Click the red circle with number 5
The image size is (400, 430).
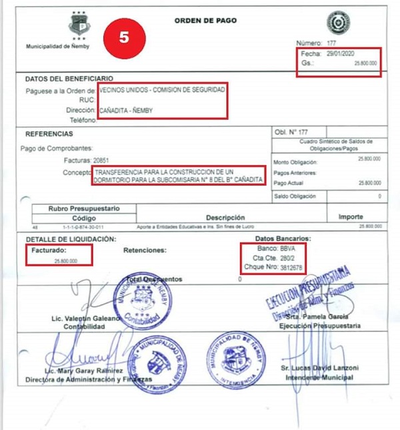pos(124,37)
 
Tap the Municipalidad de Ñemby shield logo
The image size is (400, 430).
pos(79,25)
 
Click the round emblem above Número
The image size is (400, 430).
pos(338,22)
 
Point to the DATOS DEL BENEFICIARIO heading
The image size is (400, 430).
pos(69,79)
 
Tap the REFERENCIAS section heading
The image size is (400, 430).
pos(52,133)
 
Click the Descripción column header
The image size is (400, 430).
pos(225,218)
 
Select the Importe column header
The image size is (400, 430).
pos(351,217)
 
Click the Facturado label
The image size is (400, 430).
pos(51,250)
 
